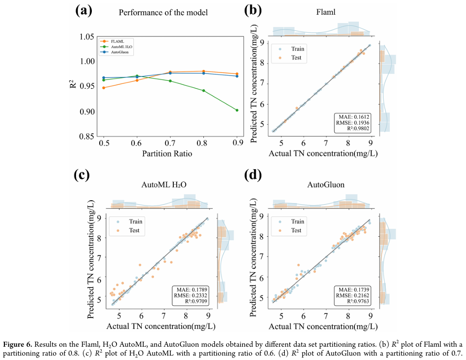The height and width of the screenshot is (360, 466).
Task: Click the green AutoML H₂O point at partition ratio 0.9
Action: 237,110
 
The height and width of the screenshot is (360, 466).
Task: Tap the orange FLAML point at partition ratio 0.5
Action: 103,88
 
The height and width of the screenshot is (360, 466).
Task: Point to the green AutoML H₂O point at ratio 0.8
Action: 203,90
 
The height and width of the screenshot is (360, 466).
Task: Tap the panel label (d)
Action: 255,175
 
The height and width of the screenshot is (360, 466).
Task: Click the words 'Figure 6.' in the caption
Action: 18,344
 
